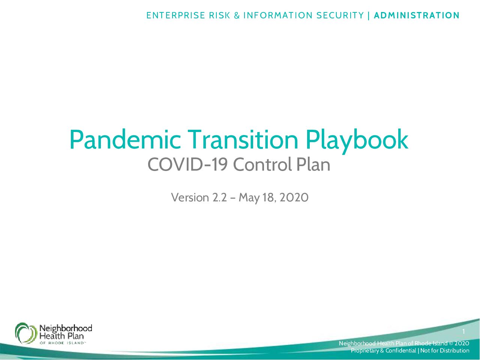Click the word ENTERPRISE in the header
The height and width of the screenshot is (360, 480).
click(175, 15)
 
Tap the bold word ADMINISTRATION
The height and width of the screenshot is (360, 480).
click(417, 15)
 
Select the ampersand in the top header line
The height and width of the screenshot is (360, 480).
click(237, 15)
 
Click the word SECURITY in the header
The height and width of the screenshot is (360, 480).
click(340, 15)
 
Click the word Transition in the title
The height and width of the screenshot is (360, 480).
click(243, 139)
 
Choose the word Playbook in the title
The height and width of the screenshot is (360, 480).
click(357, 141)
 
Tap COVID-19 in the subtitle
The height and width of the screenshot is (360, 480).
click(187, 164)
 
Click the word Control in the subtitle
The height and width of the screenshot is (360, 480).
click(263, 164)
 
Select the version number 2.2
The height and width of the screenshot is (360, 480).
click(219, 198)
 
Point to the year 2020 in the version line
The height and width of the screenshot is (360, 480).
click(294, 198)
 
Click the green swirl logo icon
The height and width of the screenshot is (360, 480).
click(26, 333)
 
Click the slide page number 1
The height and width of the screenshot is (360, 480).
click(463, 331)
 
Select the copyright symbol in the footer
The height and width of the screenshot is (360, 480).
click(451, 343)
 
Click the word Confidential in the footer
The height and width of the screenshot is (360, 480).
click(400, 351)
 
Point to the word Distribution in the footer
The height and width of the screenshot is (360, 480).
click(454, 351)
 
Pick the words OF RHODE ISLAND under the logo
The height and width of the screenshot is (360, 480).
click(62, 343)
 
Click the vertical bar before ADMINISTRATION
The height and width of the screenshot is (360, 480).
click(369, 15)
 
